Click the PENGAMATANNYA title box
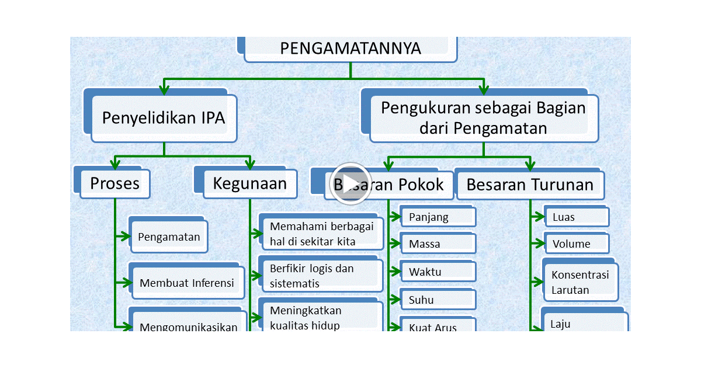[x=350, y=49]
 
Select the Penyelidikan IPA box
[x=164, y=118]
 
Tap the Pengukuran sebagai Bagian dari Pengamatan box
[x=483, y=117]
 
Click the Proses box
[x=114, y=183]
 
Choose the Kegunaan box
[x=249, y=183]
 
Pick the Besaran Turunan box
[x=530, y=185]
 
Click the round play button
[x=350, y=183]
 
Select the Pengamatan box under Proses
[x=169, y=237]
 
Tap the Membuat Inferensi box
[x=186, y=283]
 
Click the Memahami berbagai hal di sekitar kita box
[x=321, y=234]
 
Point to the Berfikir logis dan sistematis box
[x=321, y=276]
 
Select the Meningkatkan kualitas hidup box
[x=321, y=318]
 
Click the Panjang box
[x=438, y=217]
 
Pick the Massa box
[x=438, y=244]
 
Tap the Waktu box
[x=438, y=272]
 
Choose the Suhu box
[x=438, y=300]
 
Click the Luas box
[x=577, y=217]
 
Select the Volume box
[x=577, y=244]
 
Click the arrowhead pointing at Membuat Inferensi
[x=127, y=283]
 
